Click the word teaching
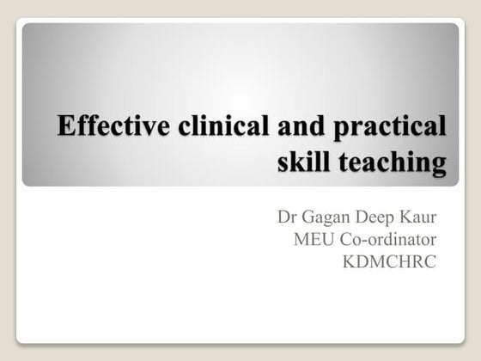pyautogui.click(x=394, y=162)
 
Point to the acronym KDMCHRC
pyautogui.click(x=389, y=260)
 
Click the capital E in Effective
pyautogui.click(x=65, y=126)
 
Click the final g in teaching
pyautogui.click(x=439, y=164)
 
